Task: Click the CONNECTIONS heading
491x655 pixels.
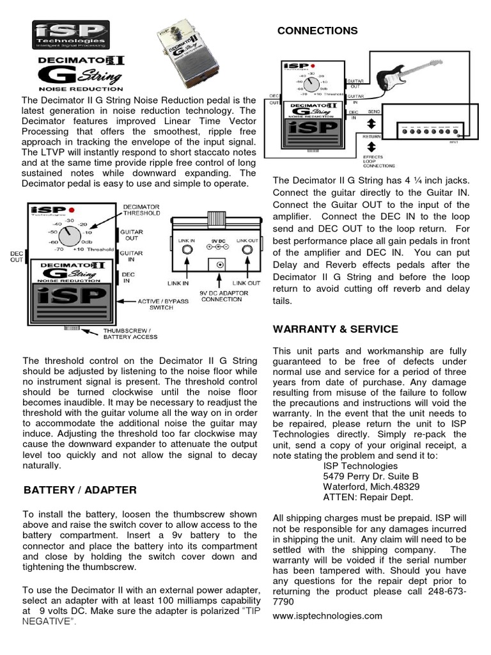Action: tap(316, 31)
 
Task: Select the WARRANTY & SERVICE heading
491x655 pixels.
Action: tap(336, 329)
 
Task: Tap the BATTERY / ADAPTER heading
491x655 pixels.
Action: tap(80, 490)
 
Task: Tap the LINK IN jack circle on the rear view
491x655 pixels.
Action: tap(187, 250)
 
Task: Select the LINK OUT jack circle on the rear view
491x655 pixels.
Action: tap(247, 250)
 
